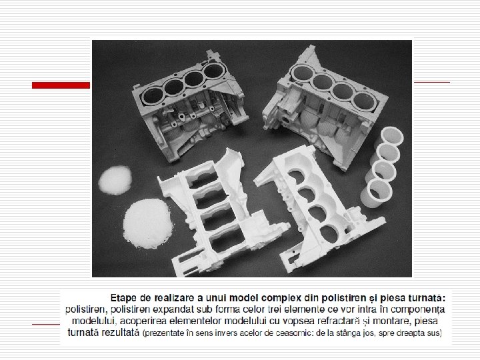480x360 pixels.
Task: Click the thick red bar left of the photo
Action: coord(61,85)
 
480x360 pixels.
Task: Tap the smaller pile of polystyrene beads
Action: coord(115,180)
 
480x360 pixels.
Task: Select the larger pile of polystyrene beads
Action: coord(147,223)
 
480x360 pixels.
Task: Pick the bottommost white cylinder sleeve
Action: coord(376,193)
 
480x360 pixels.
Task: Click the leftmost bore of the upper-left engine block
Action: coord(153,95)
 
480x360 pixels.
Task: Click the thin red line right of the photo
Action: coord(432,82)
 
